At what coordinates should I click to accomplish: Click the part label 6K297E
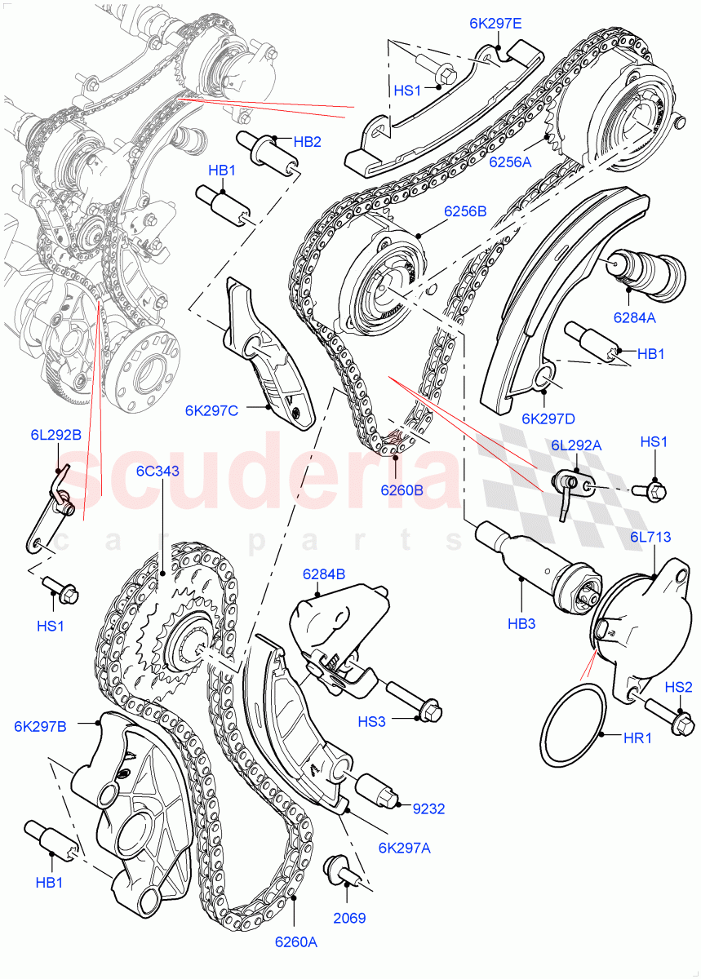(x=495, y=24)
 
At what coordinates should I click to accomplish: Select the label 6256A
(x=510, y=162)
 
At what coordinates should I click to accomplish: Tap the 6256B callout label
(x=465, y=211)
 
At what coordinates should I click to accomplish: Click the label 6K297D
(x=548, y=419)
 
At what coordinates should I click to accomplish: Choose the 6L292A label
(x=576, y=445)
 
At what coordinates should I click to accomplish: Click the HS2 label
(x=677, y=687)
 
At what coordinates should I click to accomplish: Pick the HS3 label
(x=371, y=721)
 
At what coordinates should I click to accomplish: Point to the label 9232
(x=430, y=809)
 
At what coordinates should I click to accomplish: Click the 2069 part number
(x=349, y=918)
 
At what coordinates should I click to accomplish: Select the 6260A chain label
(x=295, y=942)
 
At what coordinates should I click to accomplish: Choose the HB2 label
(x=307, y=141)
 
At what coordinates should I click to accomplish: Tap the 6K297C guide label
(x=211, y=410)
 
